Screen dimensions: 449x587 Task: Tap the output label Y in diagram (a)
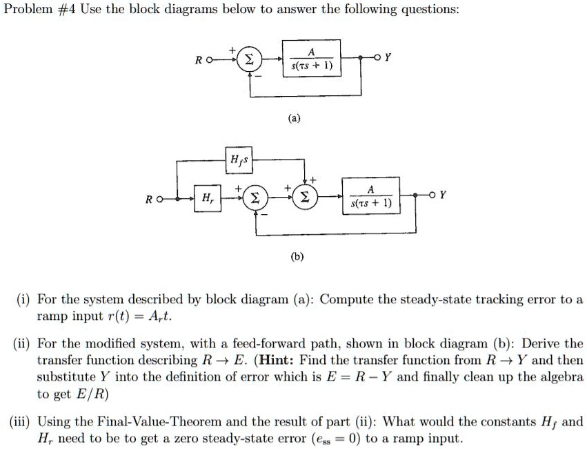tap(388, 59)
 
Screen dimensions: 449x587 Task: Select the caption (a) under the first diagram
tap(295, 118)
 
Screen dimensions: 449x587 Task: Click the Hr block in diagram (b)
tap(206, 198)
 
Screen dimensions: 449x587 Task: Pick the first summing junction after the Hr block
tap(254, 199)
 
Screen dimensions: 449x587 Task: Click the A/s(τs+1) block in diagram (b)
tap(371, 198)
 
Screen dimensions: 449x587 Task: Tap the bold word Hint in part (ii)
tap(290, 361)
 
